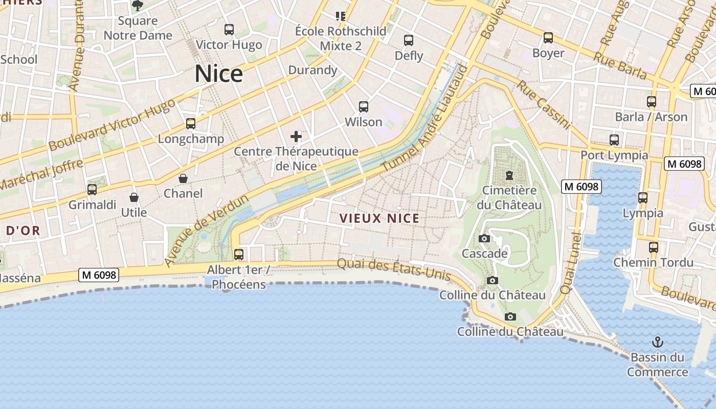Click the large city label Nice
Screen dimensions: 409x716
pyautogui.click(x=218, y=74)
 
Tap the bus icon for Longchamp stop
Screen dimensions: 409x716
pyautogui.click(x=191, y=123)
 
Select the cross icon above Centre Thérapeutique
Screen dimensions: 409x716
pyautogui.click(x=296, y=137)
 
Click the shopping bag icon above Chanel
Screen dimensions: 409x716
pyautogui.click(x=183, y=178)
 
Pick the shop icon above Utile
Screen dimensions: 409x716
pyautogui.click(x=134, y=197)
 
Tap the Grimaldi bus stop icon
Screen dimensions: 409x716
pyautogui.click(x=92, y=190)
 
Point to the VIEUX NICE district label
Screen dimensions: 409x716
pyautogui.click(x=379, y=219)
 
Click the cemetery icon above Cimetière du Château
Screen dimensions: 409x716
pyautogui.click(x=509, y=175)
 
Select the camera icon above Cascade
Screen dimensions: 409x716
pyautogui.click(x=484, y=239)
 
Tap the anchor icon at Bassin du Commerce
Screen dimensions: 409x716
pyautogui.click(x=657, y=342)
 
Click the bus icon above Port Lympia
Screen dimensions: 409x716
pyautogui.click(x=614, y=140)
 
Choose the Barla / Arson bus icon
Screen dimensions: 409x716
pyautogui.click(x=651, y=102)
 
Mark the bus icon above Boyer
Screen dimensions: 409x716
pyautogui.click(x=548, y=38)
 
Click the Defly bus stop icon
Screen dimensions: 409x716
pyautogui.click(x=409, y=40)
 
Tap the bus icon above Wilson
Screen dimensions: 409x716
pyautogui.click(x=364, y=107)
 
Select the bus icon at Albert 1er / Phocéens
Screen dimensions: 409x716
pyautogui.click(x=238, y=254)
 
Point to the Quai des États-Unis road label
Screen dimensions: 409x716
pyautogui.click(x=394, y=269)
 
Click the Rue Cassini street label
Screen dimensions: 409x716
pyautogui.click(x=543, y=104)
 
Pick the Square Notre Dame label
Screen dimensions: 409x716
pyautogui.click(x=138, y=28)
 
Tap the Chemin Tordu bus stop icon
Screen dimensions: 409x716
pyautogui.click(x=653, y=247)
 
